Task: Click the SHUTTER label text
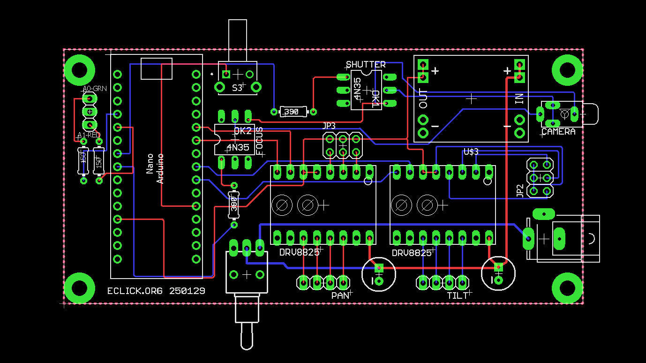[x=366, y=64]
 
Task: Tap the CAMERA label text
[x=558, y=132]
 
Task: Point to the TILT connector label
[x=458, y=295]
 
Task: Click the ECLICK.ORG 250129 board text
[x=156, y=291]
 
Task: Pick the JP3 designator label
[x=329, y=126]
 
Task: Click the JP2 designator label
[x=519, y=190]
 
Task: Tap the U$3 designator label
[x=471, y=151]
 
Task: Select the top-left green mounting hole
[x=78, y=69]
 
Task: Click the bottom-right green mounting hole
[x=567, y=287]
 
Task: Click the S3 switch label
[x=237, y=88]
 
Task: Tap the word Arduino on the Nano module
[x=160, y=168]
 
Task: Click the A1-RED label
[x=89, y=135]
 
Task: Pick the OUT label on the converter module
[x=423, y=99]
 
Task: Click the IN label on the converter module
[x=519, y=98]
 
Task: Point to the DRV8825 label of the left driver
[x=299, y=252]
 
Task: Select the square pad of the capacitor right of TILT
[x=498, y=267]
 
